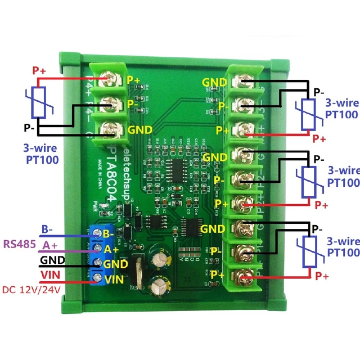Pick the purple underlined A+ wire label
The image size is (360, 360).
(49, 245)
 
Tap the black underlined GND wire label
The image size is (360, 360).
(52, 260)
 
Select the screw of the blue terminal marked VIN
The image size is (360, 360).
(100, 277)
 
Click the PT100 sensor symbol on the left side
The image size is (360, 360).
(38, 102)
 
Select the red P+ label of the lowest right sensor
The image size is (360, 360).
(322, 276)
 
